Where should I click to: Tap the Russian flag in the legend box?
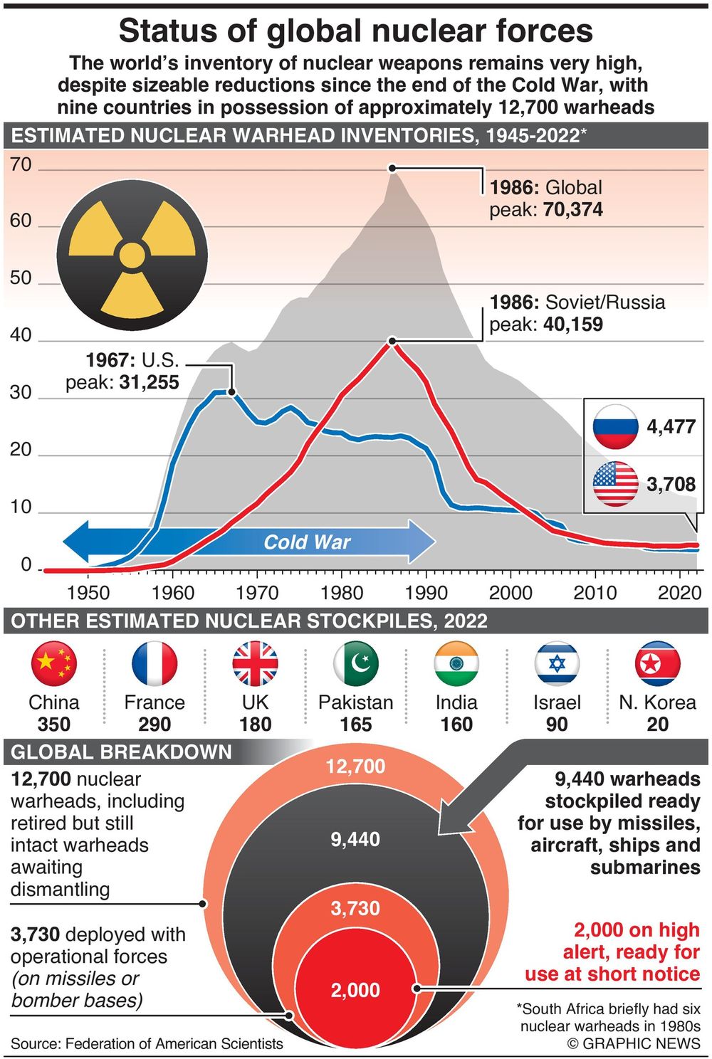point(615,426)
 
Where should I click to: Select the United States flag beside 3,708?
point(615,484)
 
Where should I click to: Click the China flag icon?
point(53,663)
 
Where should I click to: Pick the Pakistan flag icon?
point(355,663)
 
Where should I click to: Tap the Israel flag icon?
point(557,663)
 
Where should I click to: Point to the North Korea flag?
point(657,663)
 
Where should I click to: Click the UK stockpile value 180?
point(255,725)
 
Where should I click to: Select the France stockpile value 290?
point(155,725)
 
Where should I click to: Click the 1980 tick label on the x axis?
point(342,593)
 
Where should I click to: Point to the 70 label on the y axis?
point(21,164)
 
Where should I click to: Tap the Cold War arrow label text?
point(307,542)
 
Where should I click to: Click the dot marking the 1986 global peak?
point(392,168)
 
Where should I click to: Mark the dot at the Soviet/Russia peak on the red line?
point(392,341)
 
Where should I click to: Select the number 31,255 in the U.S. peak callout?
point(149,382)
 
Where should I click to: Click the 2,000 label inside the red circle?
point(355,990)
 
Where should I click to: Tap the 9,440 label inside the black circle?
point(355,839)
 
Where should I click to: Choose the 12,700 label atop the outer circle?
point(355,766)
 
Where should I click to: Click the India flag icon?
point(456,663)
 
